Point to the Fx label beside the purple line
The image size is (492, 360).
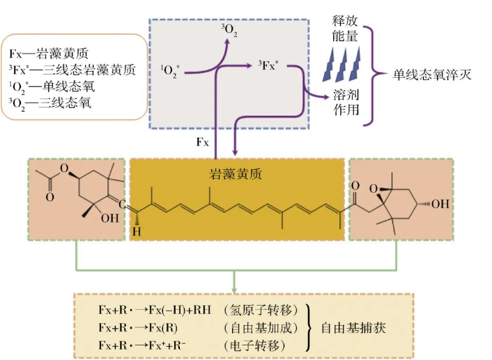click(x=201, y=142)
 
